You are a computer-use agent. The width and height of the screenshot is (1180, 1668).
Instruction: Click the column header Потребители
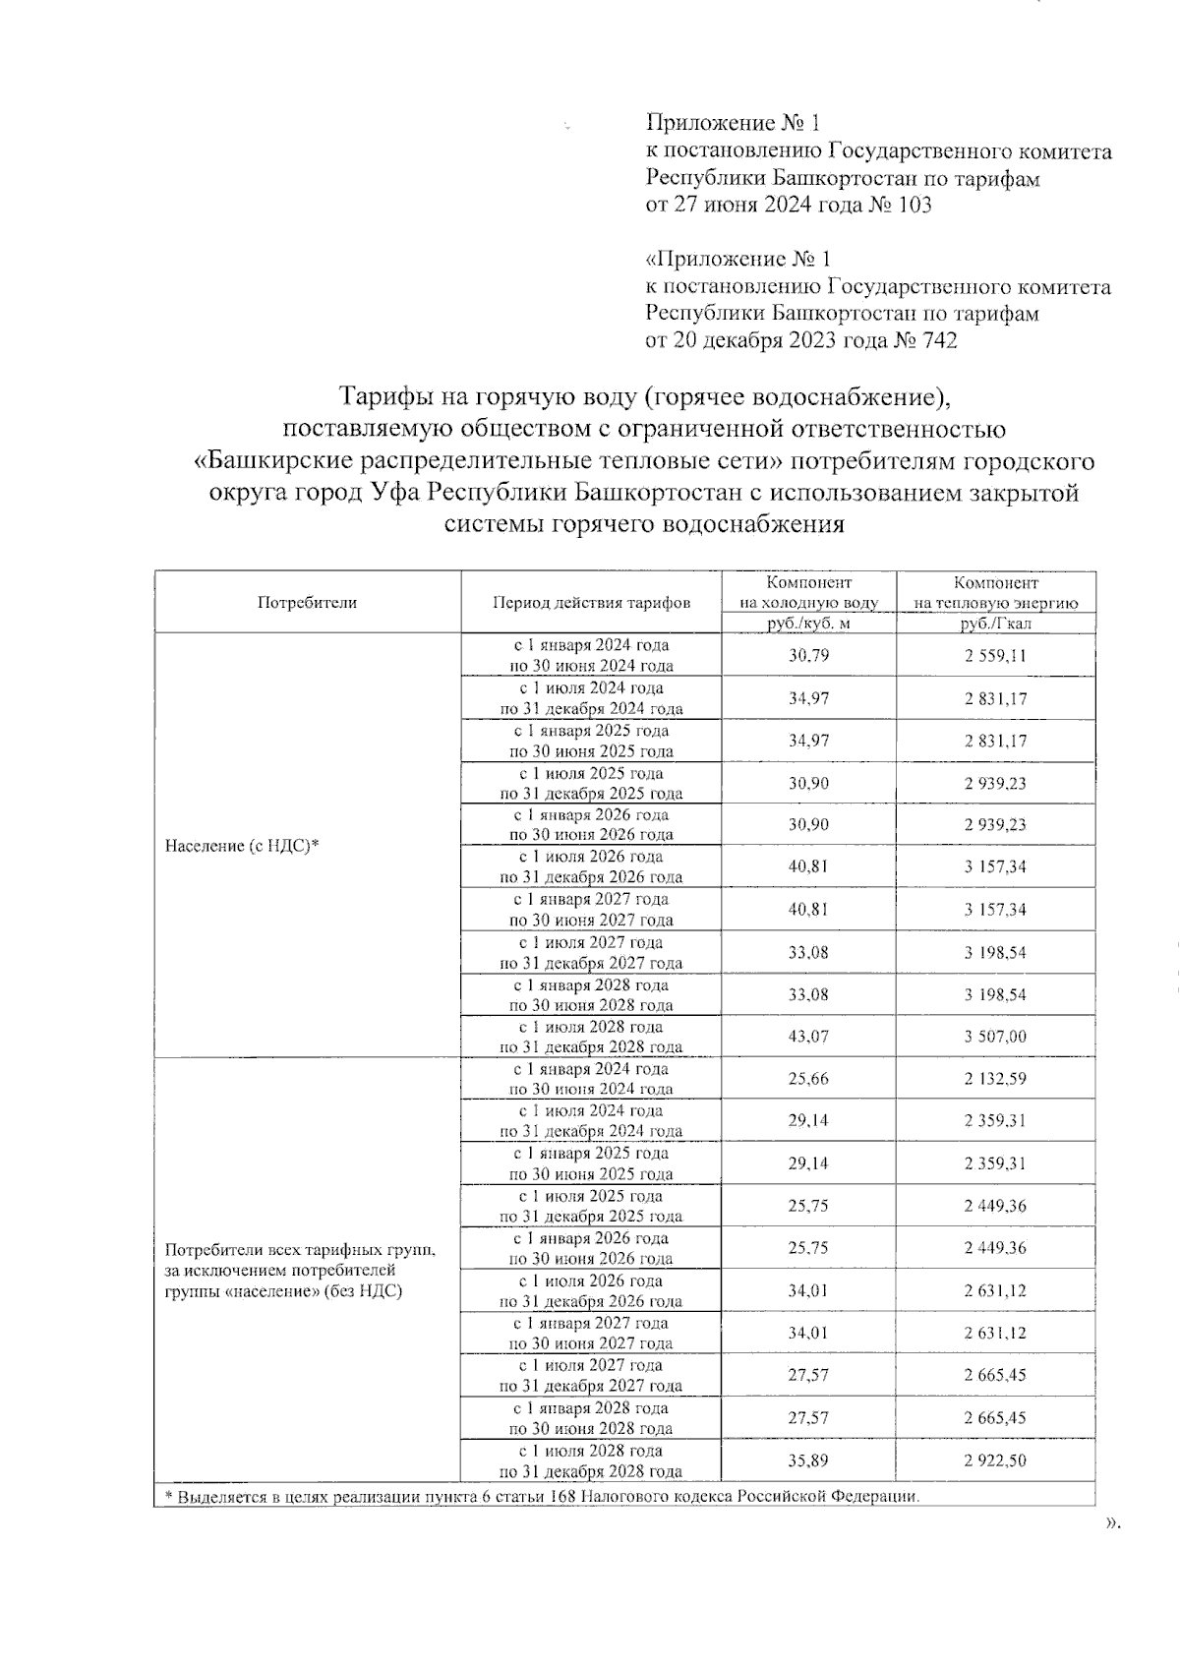307,603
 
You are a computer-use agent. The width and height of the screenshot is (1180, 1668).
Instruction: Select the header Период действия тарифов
591,603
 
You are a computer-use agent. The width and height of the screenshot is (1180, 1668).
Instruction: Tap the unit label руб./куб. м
808,624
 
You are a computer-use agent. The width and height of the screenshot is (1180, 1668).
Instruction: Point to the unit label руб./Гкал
995,624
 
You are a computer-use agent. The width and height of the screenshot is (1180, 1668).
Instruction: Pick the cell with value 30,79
808,655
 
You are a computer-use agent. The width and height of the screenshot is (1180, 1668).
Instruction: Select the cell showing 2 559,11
995,655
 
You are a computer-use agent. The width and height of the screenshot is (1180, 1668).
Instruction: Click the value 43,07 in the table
808,1037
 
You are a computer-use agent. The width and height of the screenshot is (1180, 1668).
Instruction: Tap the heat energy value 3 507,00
995,1037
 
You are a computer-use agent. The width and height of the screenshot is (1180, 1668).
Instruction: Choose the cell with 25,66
808,1079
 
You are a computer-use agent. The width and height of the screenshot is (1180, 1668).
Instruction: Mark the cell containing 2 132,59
995,1079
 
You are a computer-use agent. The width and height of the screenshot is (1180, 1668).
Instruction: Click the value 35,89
808,1460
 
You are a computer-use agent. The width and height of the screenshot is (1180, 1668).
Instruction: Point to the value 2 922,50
995,1460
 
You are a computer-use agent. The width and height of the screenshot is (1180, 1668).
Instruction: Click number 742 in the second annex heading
936,340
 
